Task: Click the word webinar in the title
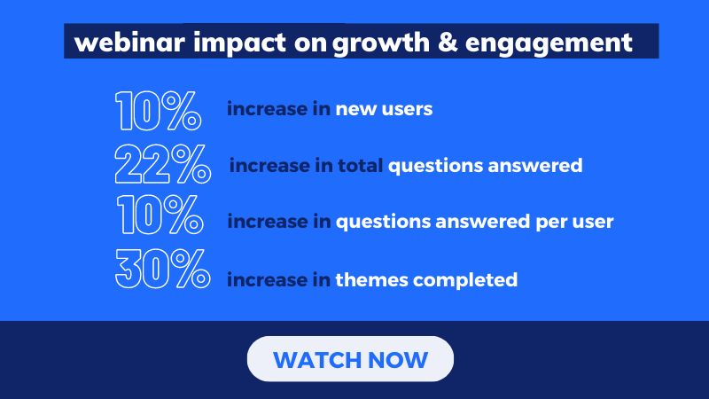[x=129, y=42]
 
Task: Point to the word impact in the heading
[x=239, y=43]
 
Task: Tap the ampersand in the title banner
[x=448, y=41]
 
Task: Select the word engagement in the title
[x=549, y=44]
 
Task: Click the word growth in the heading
[x=381, y=43]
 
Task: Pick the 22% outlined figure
[x=163, y=164]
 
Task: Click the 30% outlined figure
[x=163, y=269]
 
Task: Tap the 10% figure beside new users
[x=159, y=111]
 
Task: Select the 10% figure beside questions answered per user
[x=160, y=215]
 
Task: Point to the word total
[x=361, y=165]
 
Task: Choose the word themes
[x=371, y=279]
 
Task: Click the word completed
[x=465, y=280]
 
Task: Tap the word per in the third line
[x=549, y=223]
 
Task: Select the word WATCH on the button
[x=317, y=360]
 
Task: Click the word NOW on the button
[x=398, y=360]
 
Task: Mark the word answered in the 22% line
[x=535, y=165]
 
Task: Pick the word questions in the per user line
[x=383, y=223]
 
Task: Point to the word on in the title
[x=311, y=43]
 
